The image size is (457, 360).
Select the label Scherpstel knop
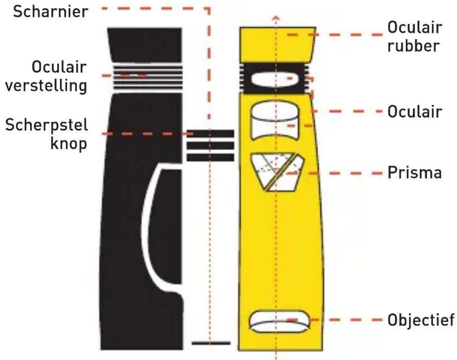(46, 134)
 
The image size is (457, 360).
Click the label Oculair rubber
(414, 37)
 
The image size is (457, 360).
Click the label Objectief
(420, 320)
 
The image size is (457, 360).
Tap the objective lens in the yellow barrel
(278, 321)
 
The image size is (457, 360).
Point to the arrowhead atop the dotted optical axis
(276, 18)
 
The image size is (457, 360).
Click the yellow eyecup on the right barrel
(278, 44)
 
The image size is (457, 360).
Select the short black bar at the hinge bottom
(211, 343)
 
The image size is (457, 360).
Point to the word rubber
(413, 46)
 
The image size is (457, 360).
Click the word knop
(69, 144)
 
